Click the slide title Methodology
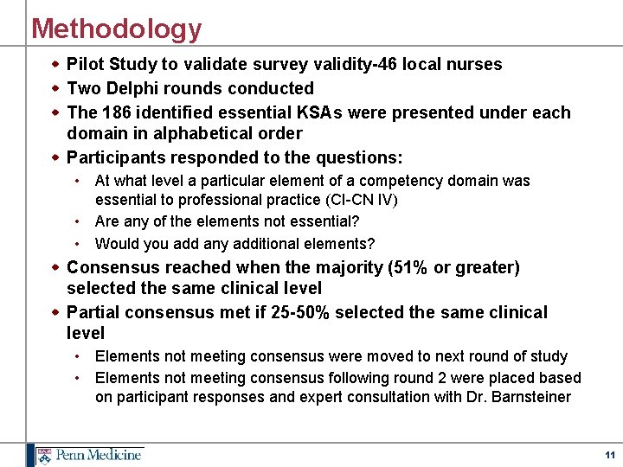116,29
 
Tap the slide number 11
610,454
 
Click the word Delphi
130,88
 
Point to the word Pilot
85,64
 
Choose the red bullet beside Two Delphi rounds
56,88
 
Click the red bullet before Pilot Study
56,64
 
